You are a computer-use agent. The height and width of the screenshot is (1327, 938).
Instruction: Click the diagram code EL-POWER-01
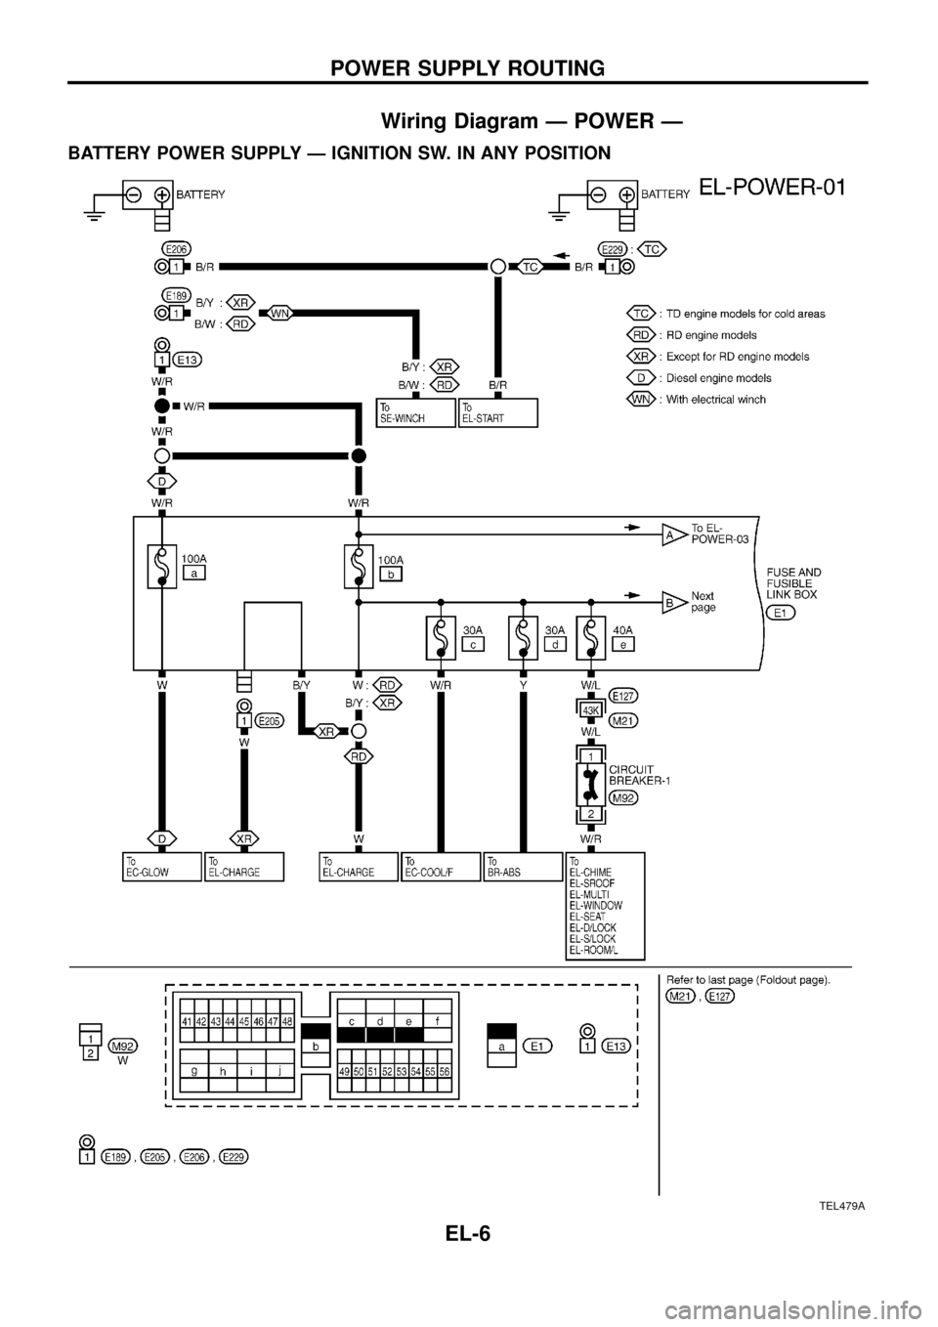point(772,187)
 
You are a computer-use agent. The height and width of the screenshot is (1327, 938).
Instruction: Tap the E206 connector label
point(177,248)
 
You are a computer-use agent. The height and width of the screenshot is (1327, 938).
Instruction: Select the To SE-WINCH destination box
point(416,412)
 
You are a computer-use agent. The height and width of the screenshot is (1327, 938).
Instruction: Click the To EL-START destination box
point(497,412)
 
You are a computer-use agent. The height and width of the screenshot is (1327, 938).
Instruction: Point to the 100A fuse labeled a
point(156,566)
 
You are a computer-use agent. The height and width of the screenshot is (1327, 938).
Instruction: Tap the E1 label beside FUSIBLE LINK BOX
point(781,613)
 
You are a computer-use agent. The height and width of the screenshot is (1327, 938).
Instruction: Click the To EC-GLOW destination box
point(162,866)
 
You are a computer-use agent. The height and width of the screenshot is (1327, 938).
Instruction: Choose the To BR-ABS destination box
point(524,866)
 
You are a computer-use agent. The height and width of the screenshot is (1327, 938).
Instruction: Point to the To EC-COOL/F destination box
point(442,866)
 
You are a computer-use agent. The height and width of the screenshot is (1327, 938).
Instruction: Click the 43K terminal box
point(591,709)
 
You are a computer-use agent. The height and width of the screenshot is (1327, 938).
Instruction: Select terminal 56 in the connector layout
point(445,1071)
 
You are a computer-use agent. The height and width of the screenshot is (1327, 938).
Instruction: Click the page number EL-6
point(468,1261)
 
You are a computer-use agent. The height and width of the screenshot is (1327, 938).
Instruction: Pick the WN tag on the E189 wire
point(279,313)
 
